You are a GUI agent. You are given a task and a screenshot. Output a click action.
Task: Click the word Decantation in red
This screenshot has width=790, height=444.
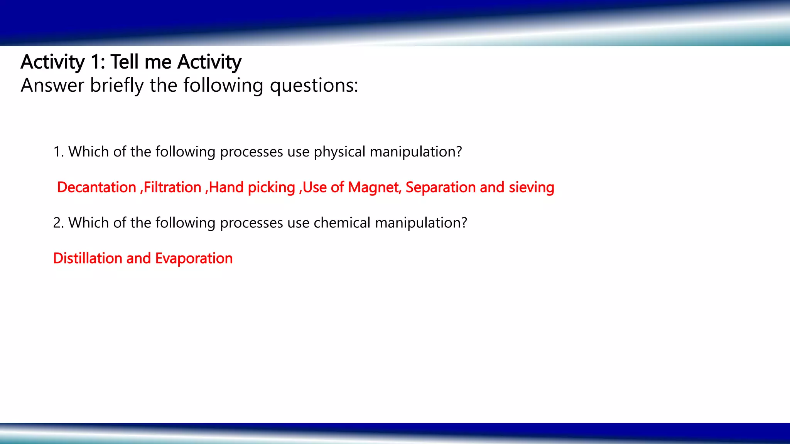coord(96,187)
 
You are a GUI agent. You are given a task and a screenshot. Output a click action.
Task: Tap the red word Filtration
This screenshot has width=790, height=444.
coord(172,187)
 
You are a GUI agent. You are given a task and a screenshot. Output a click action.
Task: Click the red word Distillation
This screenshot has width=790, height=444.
coord(88,258)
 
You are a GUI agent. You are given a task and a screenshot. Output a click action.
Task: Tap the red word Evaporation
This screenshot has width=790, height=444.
coord(194,259)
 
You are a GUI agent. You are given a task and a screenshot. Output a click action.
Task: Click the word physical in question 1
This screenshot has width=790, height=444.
coord(339,152)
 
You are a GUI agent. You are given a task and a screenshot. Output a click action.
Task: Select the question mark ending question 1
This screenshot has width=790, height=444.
coord(459,151)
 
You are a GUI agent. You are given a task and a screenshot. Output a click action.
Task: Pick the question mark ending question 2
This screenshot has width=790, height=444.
coord(464,222)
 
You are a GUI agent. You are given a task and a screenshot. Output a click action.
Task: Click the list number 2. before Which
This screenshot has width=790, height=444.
coord(58,223)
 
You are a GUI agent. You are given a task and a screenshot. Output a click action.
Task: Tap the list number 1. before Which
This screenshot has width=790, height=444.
coord(58,152)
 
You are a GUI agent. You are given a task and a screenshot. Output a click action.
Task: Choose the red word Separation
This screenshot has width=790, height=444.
coord(440,188)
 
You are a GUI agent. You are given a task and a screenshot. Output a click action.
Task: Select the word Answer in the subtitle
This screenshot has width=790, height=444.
coord(52,85)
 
